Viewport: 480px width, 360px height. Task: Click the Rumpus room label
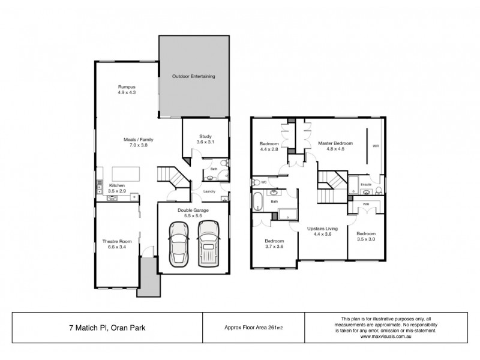point(127,90)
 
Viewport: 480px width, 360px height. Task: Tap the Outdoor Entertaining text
point(193,77)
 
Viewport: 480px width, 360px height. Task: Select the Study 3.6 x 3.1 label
point(205,138)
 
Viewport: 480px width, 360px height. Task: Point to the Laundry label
point(209,191)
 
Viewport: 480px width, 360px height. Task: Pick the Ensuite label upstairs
point(365,185)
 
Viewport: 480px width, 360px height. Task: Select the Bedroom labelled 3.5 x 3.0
point(365,236)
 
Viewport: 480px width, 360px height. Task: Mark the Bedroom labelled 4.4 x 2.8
point(269,146)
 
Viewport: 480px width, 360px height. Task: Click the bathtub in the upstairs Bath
point(258,201)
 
